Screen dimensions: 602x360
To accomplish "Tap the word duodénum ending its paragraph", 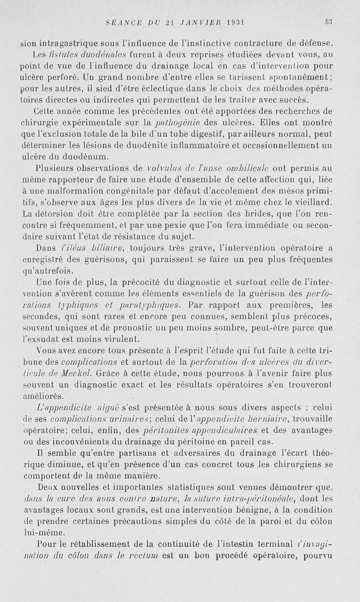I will (86, 157).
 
